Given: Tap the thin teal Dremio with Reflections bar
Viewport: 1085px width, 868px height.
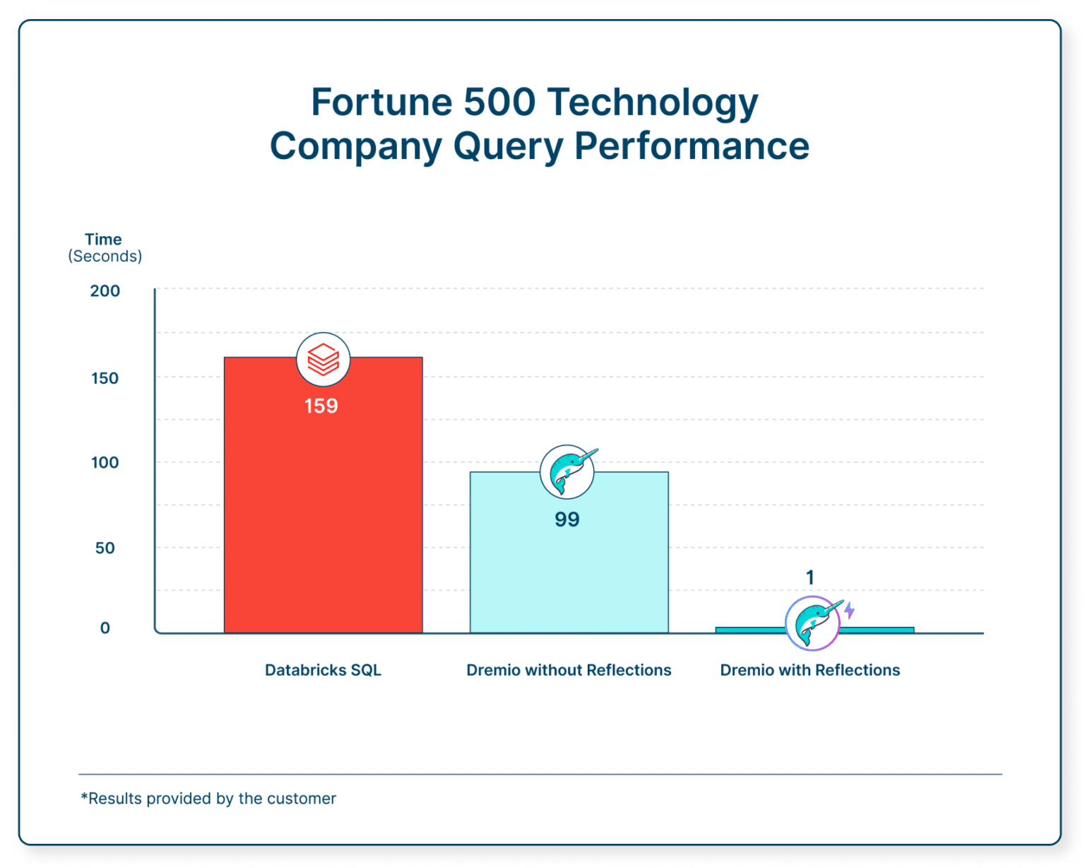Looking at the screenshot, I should [x=749, y=629].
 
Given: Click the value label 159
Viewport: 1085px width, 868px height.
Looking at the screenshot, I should [x=321, y=406].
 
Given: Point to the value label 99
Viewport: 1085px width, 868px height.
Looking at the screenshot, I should [x=567, y=520].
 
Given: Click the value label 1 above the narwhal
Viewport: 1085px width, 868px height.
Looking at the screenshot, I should [x=810, y=577].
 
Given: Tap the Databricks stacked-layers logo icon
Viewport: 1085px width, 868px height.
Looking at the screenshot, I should [x=323, y=359].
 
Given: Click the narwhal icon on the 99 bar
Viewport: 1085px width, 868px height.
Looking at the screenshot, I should [x=567, y=472].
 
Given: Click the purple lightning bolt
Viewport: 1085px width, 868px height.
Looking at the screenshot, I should [x=849, y=610].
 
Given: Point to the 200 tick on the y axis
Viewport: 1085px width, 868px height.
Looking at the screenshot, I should [x=105, y=291].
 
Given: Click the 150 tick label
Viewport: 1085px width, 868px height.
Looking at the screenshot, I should [x=105, y=378].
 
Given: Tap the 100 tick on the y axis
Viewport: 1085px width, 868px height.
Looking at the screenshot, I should [x=105, y=463].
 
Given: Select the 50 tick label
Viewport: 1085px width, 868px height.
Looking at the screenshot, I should [x=105, y=548].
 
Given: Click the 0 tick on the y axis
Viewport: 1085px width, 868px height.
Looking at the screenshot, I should [x=105, y=628].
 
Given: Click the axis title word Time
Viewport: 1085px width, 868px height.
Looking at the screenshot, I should [x=103, y=239].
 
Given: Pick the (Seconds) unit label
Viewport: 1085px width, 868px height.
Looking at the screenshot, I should [x=105, y=256].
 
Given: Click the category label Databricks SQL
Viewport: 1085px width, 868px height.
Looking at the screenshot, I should [x=323, y=670].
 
